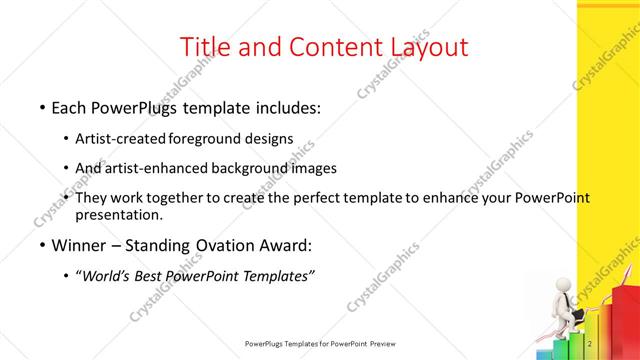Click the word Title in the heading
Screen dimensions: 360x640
click(x=203, y=47)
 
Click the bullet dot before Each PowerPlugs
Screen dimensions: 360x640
click(x=41, y=107)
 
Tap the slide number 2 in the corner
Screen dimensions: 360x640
click(x=591, y=345)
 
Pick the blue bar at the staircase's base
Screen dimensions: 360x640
click(x=546, y=352)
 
